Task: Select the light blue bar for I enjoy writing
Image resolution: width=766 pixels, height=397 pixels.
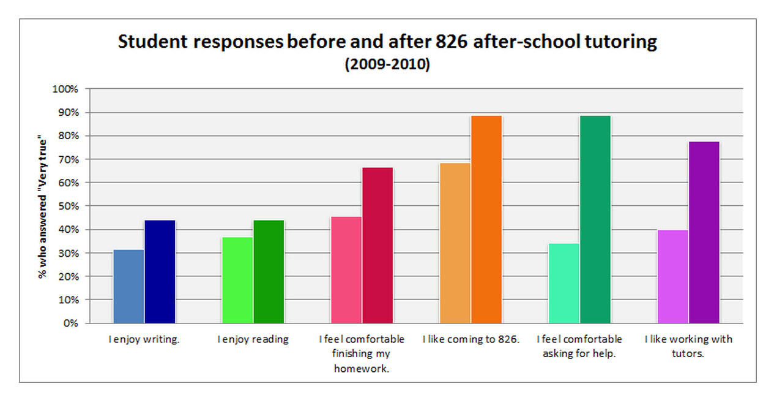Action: [128, 286]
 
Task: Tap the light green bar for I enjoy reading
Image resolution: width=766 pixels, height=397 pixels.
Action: [237, 280]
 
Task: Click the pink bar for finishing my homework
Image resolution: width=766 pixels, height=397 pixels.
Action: [346, 270]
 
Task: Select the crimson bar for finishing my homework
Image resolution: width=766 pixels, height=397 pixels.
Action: [377, 245]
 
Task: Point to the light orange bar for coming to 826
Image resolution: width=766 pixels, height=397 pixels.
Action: [455, 243]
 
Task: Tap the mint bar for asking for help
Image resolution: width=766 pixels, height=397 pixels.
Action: [564, 283]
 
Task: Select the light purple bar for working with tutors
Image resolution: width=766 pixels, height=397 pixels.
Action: [673, 276]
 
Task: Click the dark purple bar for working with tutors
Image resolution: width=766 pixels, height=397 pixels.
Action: [704, 232]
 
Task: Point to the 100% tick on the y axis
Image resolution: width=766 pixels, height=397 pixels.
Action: [67, 89]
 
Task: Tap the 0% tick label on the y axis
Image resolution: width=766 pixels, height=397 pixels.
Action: [71, 323]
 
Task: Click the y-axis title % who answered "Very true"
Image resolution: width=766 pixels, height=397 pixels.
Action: [43, 206]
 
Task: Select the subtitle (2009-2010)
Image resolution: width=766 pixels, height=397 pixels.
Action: [387, 64]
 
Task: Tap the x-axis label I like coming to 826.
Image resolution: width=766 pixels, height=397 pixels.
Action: [470, 339]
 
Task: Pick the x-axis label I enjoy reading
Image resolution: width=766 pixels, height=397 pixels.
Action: [253, 339]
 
